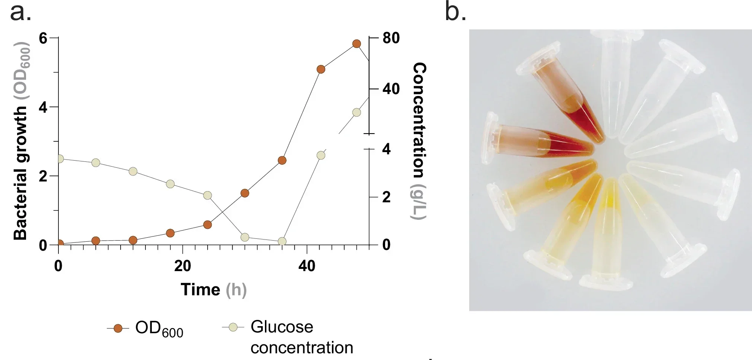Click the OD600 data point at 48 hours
356,44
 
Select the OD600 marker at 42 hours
321,69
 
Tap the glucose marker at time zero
60,159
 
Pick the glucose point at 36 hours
282,241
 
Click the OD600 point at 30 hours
244,193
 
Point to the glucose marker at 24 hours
208,195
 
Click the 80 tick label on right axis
391,38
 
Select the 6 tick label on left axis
43,38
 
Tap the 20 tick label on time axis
182,266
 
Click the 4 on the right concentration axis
386,149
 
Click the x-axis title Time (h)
214,289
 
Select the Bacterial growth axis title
21,141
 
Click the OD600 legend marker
118,328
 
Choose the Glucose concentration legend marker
233,327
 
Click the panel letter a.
20,12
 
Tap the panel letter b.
455,12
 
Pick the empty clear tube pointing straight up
616,82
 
